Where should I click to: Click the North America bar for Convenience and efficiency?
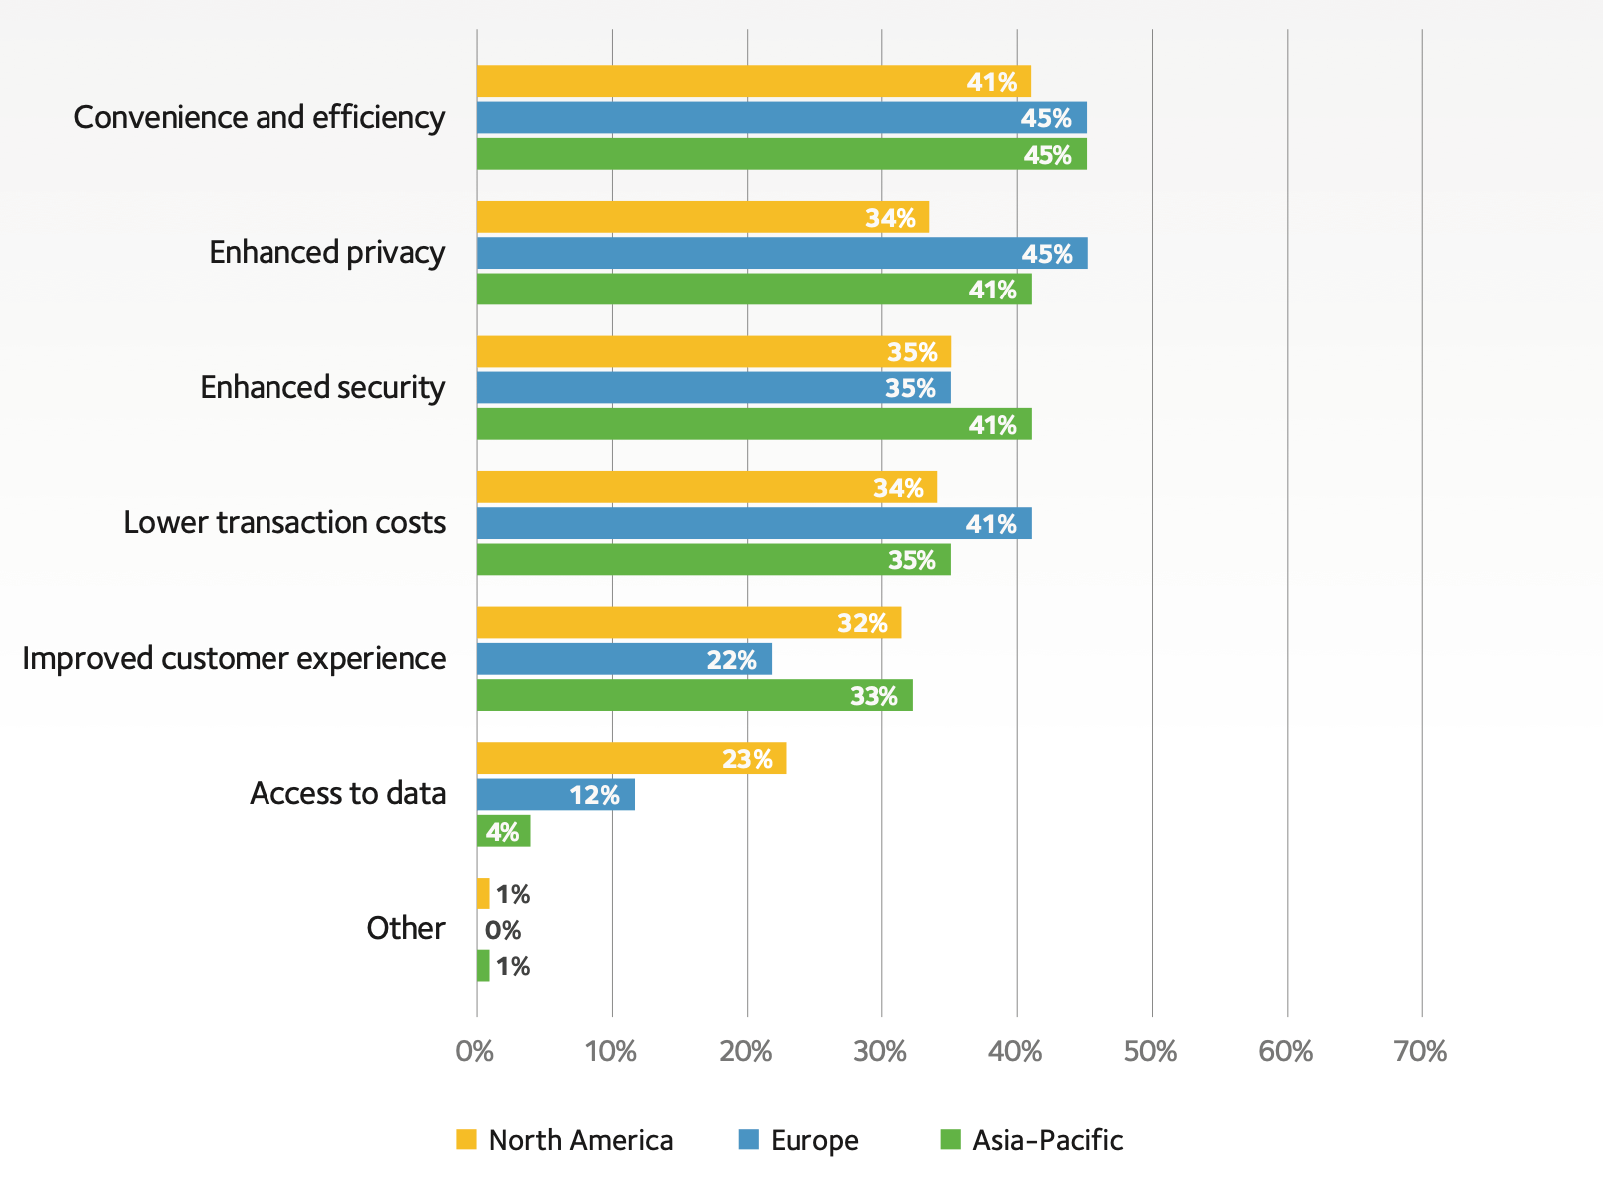coord(754,82)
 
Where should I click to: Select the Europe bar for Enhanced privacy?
coord(782,254)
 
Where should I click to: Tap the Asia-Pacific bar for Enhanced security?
coord(754,424)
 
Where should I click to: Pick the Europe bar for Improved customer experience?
coord(624,659)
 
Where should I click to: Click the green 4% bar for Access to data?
coord(503,831)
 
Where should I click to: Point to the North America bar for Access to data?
coord(631,759)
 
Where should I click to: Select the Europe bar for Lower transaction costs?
coord(754,524)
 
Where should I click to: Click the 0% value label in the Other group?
coord(503,930)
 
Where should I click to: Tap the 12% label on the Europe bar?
coord(595,795)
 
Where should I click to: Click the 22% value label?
coord(732,660)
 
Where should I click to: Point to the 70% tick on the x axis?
coord(1421,1051)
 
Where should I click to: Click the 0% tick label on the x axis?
coord(475,1051)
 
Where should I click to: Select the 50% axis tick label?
coord(1151,1051)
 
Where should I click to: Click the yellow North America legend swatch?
coord(466,1139)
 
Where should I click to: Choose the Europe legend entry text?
coord(814,1140)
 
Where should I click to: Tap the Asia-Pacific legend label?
coord(1047,1140)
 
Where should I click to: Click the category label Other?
coord(405,928)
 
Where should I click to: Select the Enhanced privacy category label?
coord(326,253)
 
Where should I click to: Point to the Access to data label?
coord(347,793)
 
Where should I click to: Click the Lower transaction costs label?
coord(284,522)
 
